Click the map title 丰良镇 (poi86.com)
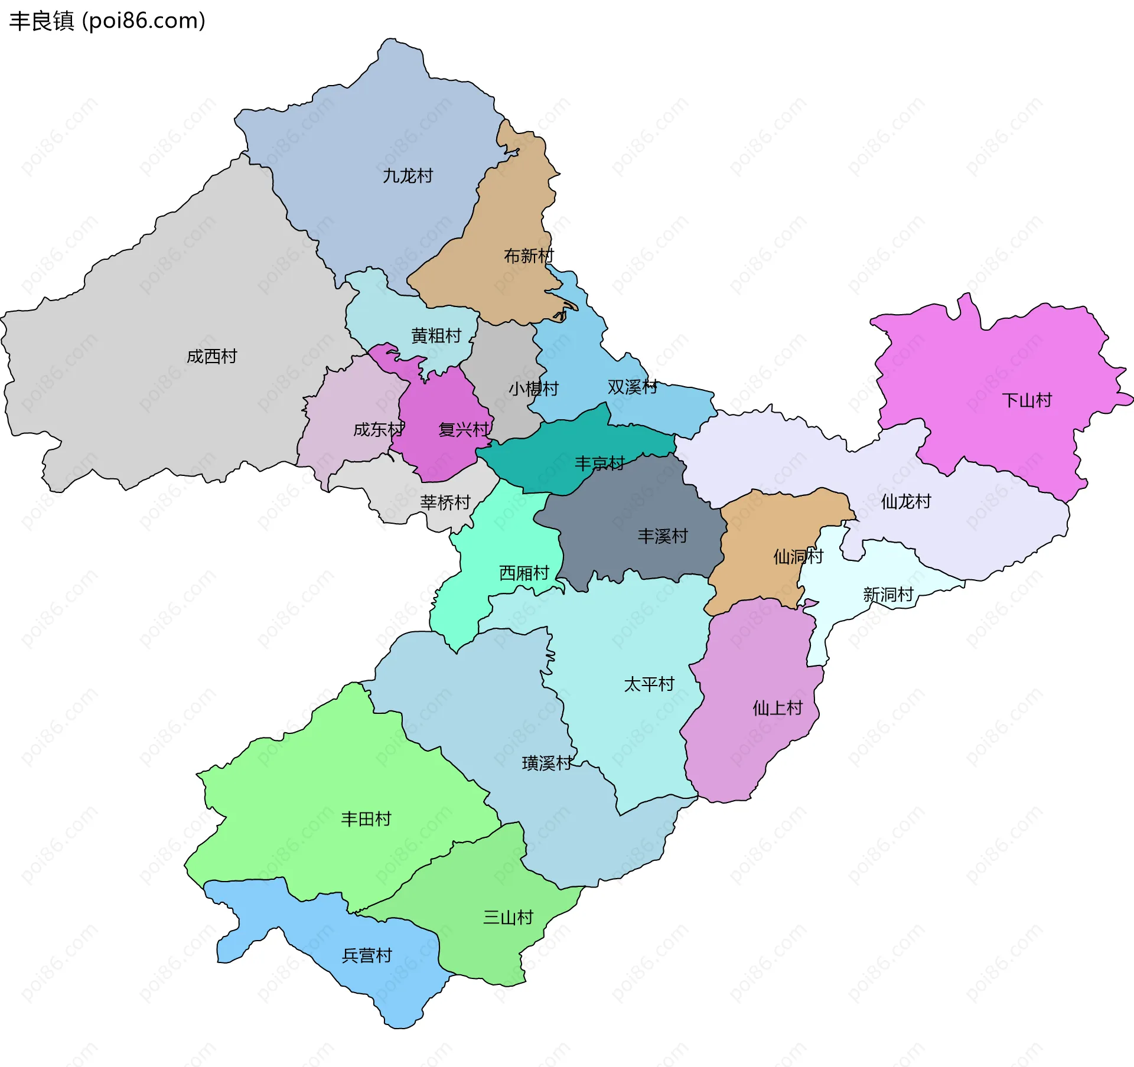pyautogui.click(x=107, y=21)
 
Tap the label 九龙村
pyautogui.click(x=408, y=176)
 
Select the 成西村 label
pyautogui.click(x=211, y=356)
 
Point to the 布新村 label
pyautogui.click(x=529, y=256)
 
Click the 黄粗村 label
pyautogui.click(x=436, y=335)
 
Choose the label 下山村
pyautogui.click(x=1027, y=400)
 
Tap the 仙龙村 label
pyautogui.click(x=905, y=501)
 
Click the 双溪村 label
pyautogui.click(x=632, y=387)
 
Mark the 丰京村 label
pyautogui.click(x=599, y=463)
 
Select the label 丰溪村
pyautogui.click(x=663, y=536)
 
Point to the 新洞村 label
pyautogui.click(x=888, y=594)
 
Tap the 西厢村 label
pyautogui.click(x=524, y=573)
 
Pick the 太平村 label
pyautogui.click(x=649, y=684)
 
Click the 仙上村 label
pyautogui.click(x=777, y=707)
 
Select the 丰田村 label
pyautogui.click(x=366, y=818)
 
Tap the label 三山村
pyautogui.click(x=508, y=917)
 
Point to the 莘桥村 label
pyautogui.click(x=445, y=502)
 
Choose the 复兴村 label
pyautogui.click(x=464, y=429)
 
